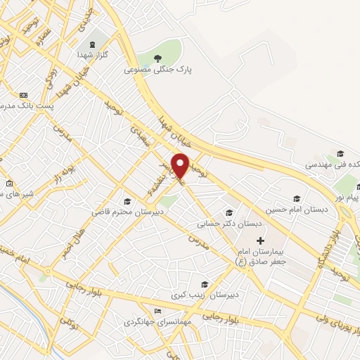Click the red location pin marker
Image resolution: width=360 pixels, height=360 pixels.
pyautogui.click(x=181, y=165)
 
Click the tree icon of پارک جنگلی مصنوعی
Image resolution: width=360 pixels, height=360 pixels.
pyautogui.click(x=157, y=58)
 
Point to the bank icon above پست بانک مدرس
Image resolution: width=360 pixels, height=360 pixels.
pyautogui.click(x=23, y=94)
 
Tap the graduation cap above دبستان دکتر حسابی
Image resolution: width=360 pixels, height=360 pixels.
pyautogui.click(x=229, y=212)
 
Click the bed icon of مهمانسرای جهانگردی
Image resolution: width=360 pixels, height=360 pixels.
pyautogui.click(x=157, y=310)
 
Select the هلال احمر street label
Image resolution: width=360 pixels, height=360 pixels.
pyautogui.click(x=75, y=240)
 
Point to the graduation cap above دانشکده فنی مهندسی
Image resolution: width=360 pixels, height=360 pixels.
pyautogui.click(x=340, y=153)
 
